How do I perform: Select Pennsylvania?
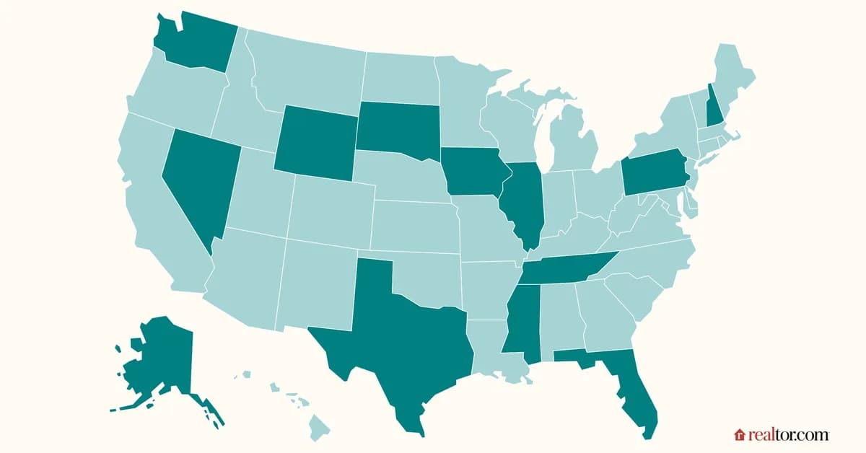click(x=653, y=173)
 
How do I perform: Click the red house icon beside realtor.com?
click(x=739, y=435)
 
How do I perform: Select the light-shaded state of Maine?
click(x=732, y=76)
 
